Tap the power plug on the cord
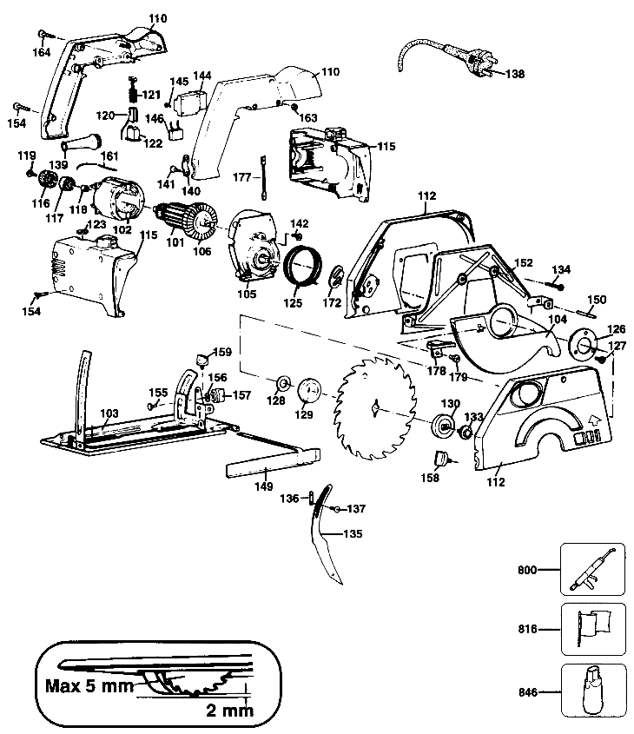pos(475,69)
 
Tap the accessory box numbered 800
pos(592,571)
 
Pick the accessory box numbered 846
pos(592,692)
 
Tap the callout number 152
pos(524,262)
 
